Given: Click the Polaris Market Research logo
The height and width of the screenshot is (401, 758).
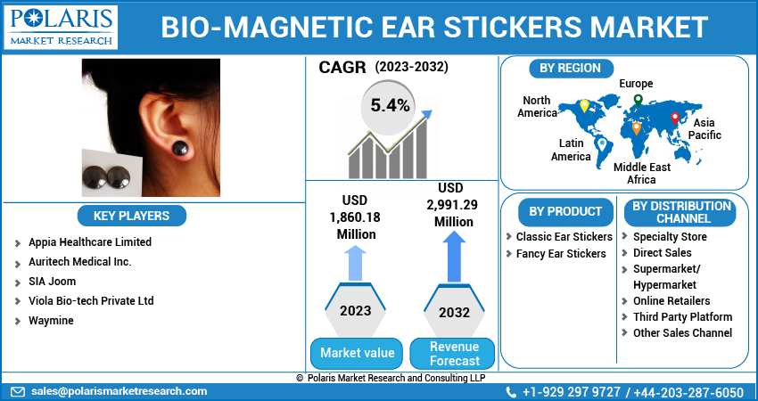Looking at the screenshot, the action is coord(61,27).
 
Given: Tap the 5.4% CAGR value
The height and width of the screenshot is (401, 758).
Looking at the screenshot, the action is coord(390,105).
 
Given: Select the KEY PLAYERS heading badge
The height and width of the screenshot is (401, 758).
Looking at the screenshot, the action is coord(131,216).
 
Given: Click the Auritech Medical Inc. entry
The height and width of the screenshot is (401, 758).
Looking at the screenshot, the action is coord(79,262).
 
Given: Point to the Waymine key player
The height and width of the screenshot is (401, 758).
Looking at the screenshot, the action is coord(51,321).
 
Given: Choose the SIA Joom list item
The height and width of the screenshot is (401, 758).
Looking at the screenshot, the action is coord(53,282).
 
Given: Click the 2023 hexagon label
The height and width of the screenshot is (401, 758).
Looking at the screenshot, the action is coord(355,311).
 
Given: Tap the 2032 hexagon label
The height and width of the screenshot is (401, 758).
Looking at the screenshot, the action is coord(455,312).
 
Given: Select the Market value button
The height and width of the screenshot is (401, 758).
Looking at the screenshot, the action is coord(357,353).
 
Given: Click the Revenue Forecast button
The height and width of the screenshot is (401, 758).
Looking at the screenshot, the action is coord(455,353).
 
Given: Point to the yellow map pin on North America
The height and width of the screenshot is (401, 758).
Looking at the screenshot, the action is coord(584,106).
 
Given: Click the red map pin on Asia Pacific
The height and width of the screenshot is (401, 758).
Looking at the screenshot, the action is coord(675,119).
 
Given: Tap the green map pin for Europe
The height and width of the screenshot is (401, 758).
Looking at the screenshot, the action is coord(639,101).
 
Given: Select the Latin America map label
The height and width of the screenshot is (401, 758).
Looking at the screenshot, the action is coord(571,150).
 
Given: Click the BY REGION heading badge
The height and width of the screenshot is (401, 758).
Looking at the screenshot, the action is coord(571,68).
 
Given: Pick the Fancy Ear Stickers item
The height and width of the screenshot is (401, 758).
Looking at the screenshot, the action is coord(561,254).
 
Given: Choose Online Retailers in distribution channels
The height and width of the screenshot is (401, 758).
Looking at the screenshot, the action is coord(671,301).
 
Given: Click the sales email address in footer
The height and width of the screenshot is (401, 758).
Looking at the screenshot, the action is coord(119,391).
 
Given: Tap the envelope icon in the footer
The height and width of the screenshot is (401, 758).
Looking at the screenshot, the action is coord(18,392).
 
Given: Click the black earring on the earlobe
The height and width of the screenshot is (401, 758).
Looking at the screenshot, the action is coord(180,147).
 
